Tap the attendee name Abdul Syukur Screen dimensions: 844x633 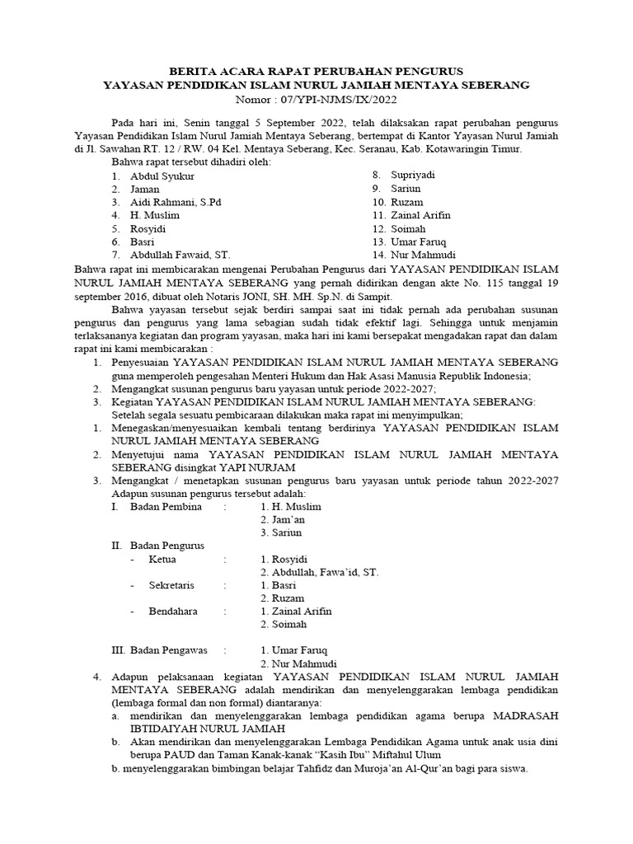pyautogui.click(x=159, y=176)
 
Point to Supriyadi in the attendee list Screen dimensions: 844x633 pyautogui.click(x=412, y=176)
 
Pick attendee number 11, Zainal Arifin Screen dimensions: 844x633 pyautogui.click(x=420, y=215)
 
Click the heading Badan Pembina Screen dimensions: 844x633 pyautogui.click(x=166, y=506)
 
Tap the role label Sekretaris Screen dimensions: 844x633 pyautogui.click(x=172, y=585)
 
